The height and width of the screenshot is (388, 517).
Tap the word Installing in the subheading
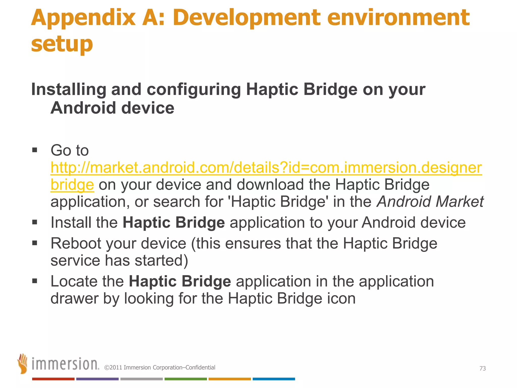click(x=68, y=90)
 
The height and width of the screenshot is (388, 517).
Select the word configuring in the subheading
click(x=194, y=90)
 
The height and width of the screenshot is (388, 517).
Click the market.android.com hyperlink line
click(x=266, y=168)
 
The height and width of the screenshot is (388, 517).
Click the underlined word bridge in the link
click(x=72, y=185)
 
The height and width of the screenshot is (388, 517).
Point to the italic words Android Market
click(x=430, y=202)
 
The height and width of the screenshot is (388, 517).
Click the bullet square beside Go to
click(x=35, y=150)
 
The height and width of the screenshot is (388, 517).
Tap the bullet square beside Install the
click(x=35, y=222)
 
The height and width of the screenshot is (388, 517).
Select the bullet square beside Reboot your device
click(x=35, y=243)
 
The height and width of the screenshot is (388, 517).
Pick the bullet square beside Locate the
click(x=35, y=281)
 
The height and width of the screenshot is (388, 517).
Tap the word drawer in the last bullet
click(x=74, y=299)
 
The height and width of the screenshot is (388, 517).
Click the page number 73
click(x=482, y=368)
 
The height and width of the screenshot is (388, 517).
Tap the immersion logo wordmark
click(x=65, y=364)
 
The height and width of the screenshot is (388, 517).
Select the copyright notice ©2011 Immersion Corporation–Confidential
click(x=160, y=368)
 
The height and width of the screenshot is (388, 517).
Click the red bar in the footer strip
click(x=53, y=379)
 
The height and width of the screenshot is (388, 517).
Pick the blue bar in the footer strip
click(x=274, y=379)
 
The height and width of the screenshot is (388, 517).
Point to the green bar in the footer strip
click(x=186, y=379)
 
